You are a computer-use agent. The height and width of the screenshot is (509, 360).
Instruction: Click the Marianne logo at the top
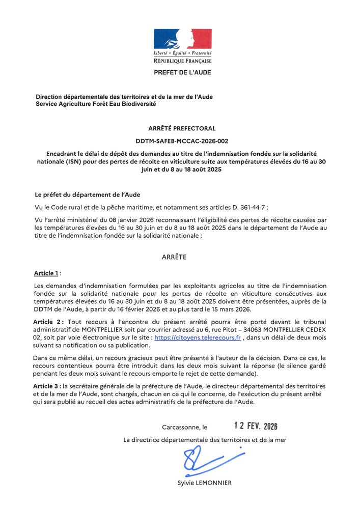tap(182, 39)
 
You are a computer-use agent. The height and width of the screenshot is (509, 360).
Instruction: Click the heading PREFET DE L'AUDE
tap(182, 73)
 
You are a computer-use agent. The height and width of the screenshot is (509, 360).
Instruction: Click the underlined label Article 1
tap(46, 273)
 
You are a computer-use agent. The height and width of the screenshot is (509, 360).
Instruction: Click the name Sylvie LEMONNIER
tap(205, 483)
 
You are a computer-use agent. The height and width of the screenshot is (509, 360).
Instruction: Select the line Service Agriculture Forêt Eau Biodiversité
tap(96, 104)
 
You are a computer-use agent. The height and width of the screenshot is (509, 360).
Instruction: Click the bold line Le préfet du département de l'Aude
tap(87, 195)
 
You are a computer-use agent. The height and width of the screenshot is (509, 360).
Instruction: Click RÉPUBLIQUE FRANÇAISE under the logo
tap(182, 61)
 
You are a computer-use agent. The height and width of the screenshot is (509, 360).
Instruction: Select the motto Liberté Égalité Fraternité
tap(182, 53)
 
